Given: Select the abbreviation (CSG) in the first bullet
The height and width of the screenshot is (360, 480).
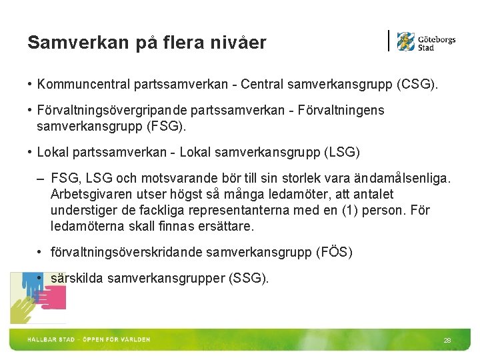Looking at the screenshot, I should tap(417, 85).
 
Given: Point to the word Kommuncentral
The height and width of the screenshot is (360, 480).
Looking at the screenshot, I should tap(84, 85).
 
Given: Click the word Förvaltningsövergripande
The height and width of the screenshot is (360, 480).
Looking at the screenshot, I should tap(117, 111).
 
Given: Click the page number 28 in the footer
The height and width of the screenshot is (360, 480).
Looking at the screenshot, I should tap(447, 341).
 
